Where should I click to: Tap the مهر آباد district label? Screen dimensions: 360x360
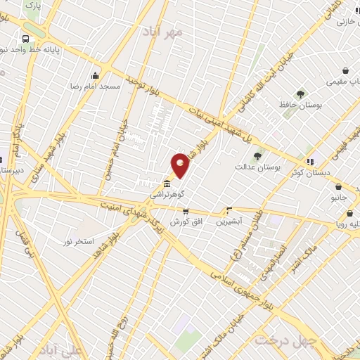click(x=162, y=32)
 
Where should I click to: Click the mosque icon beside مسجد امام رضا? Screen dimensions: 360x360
click(x=96, y=75)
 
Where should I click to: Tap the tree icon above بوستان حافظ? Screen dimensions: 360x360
click(x=301, y=94)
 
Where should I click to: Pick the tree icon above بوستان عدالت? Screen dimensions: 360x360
click(x=257, y=157)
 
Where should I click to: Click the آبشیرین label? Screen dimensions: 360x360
click(x=229, y=220)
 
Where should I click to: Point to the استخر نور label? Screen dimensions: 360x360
click(x=78, y=241)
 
